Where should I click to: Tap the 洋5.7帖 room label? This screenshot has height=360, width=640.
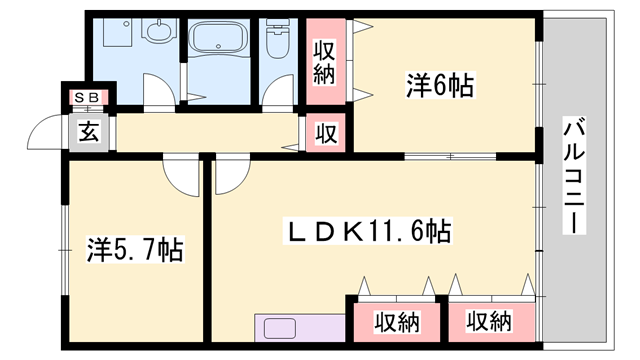coord(134,248)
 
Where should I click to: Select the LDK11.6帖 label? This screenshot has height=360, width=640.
coord(369,233)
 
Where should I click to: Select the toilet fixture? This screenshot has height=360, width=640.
coord(278,46)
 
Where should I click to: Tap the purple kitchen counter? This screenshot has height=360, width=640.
coord(299,329)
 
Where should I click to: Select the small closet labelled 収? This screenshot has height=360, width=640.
coord(327,132)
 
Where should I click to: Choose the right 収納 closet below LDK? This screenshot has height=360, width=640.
coord(488,322)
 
